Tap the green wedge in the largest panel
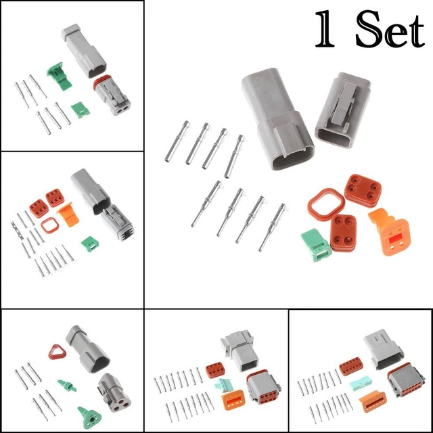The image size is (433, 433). [x=315, y=244]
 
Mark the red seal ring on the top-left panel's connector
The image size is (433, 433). [x=99, y=88]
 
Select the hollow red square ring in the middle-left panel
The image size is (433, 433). [x=48, y=227]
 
